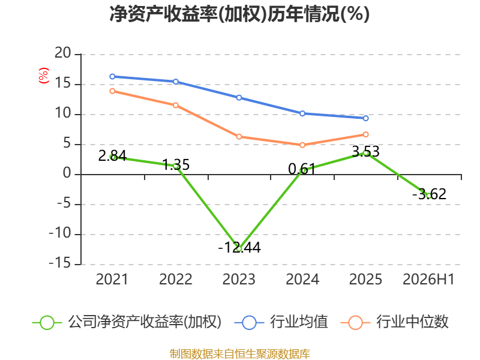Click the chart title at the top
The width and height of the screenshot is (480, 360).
[239, 14]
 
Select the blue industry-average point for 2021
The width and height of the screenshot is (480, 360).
[112, 77]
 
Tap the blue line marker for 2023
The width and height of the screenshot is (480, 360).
[239, 98]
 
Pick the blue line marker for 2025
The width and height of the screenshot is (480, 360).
[365, 118]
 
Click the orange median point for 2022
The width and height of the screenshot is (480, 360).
[176, 106]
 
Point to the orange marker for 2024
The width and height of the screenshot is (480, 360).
[302, 145]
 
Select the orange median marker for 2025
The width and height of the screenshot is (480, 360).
[365, 134]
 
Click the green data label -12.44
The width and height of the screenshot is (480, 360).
[239, 247]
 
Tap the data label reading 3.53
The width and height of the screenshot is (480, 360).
[366, 152]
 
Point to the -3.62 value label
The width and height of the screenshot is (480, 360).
[429, 194]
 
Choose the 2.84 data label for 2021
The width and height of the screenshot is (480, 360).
[112, 155]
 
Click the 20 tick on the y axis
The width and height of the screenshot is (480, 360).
[63, 53]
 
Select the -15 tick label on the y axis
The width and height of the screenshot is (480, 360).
[60, 263]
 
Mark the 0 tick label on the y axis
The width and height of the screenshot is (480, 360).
[67, 173]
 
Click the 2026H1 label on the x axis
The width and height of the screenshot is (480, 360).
[428, 280]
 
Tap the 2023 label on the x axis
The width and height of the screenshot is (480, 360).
[239, 280]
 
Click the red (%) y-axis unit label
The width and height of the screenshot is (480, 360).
[43, 76]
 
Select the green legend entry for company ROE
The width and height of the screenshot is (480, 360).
[127, 322]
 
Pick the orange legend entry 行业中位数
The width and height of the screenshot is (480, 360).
[395, 322]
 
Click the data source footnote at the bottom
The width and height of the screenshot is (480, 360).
[240, 354]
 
